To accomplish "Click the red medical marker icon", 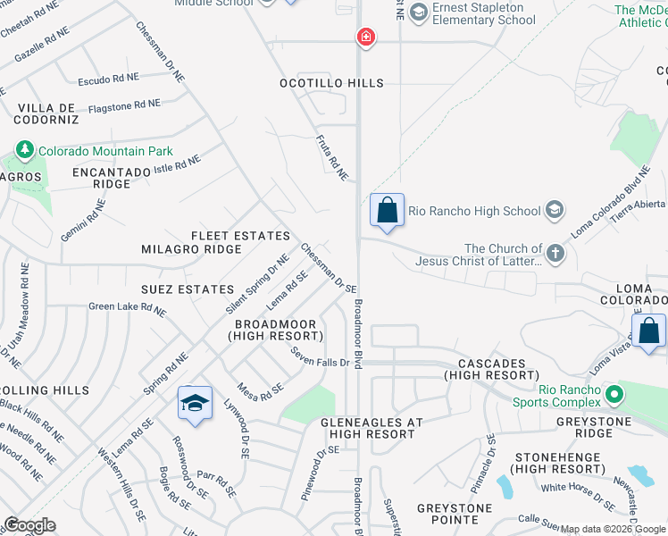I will click(x=365, y=37).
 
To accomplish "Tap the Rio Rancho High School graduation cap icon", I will click(x=554, y=211).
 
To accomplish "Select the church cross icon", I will click(x=555, y=254).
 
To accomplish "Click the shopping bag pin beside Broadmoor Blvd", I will click(x=388, y=211).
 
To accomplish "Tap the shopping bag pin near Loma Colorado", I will click(x=648, y=331).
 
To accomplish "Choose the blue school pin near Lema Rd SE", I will click(x=195, y=404).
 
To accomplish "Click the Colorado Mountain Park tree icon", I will click(x=24, y=151).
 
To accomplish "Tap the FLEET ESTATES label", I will click(x=240, y=236).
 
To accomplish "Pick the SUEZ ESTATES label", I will click(x=187, y=289).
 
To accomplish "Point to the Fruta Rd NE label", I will click(x=331, y=157).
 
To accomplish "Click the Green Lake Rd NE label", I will click(x=127, y=310).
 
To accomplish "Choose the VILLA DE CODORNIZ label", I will click(x=47, y=113).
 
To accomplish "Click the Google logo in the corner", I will click(x=29, y=525).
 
